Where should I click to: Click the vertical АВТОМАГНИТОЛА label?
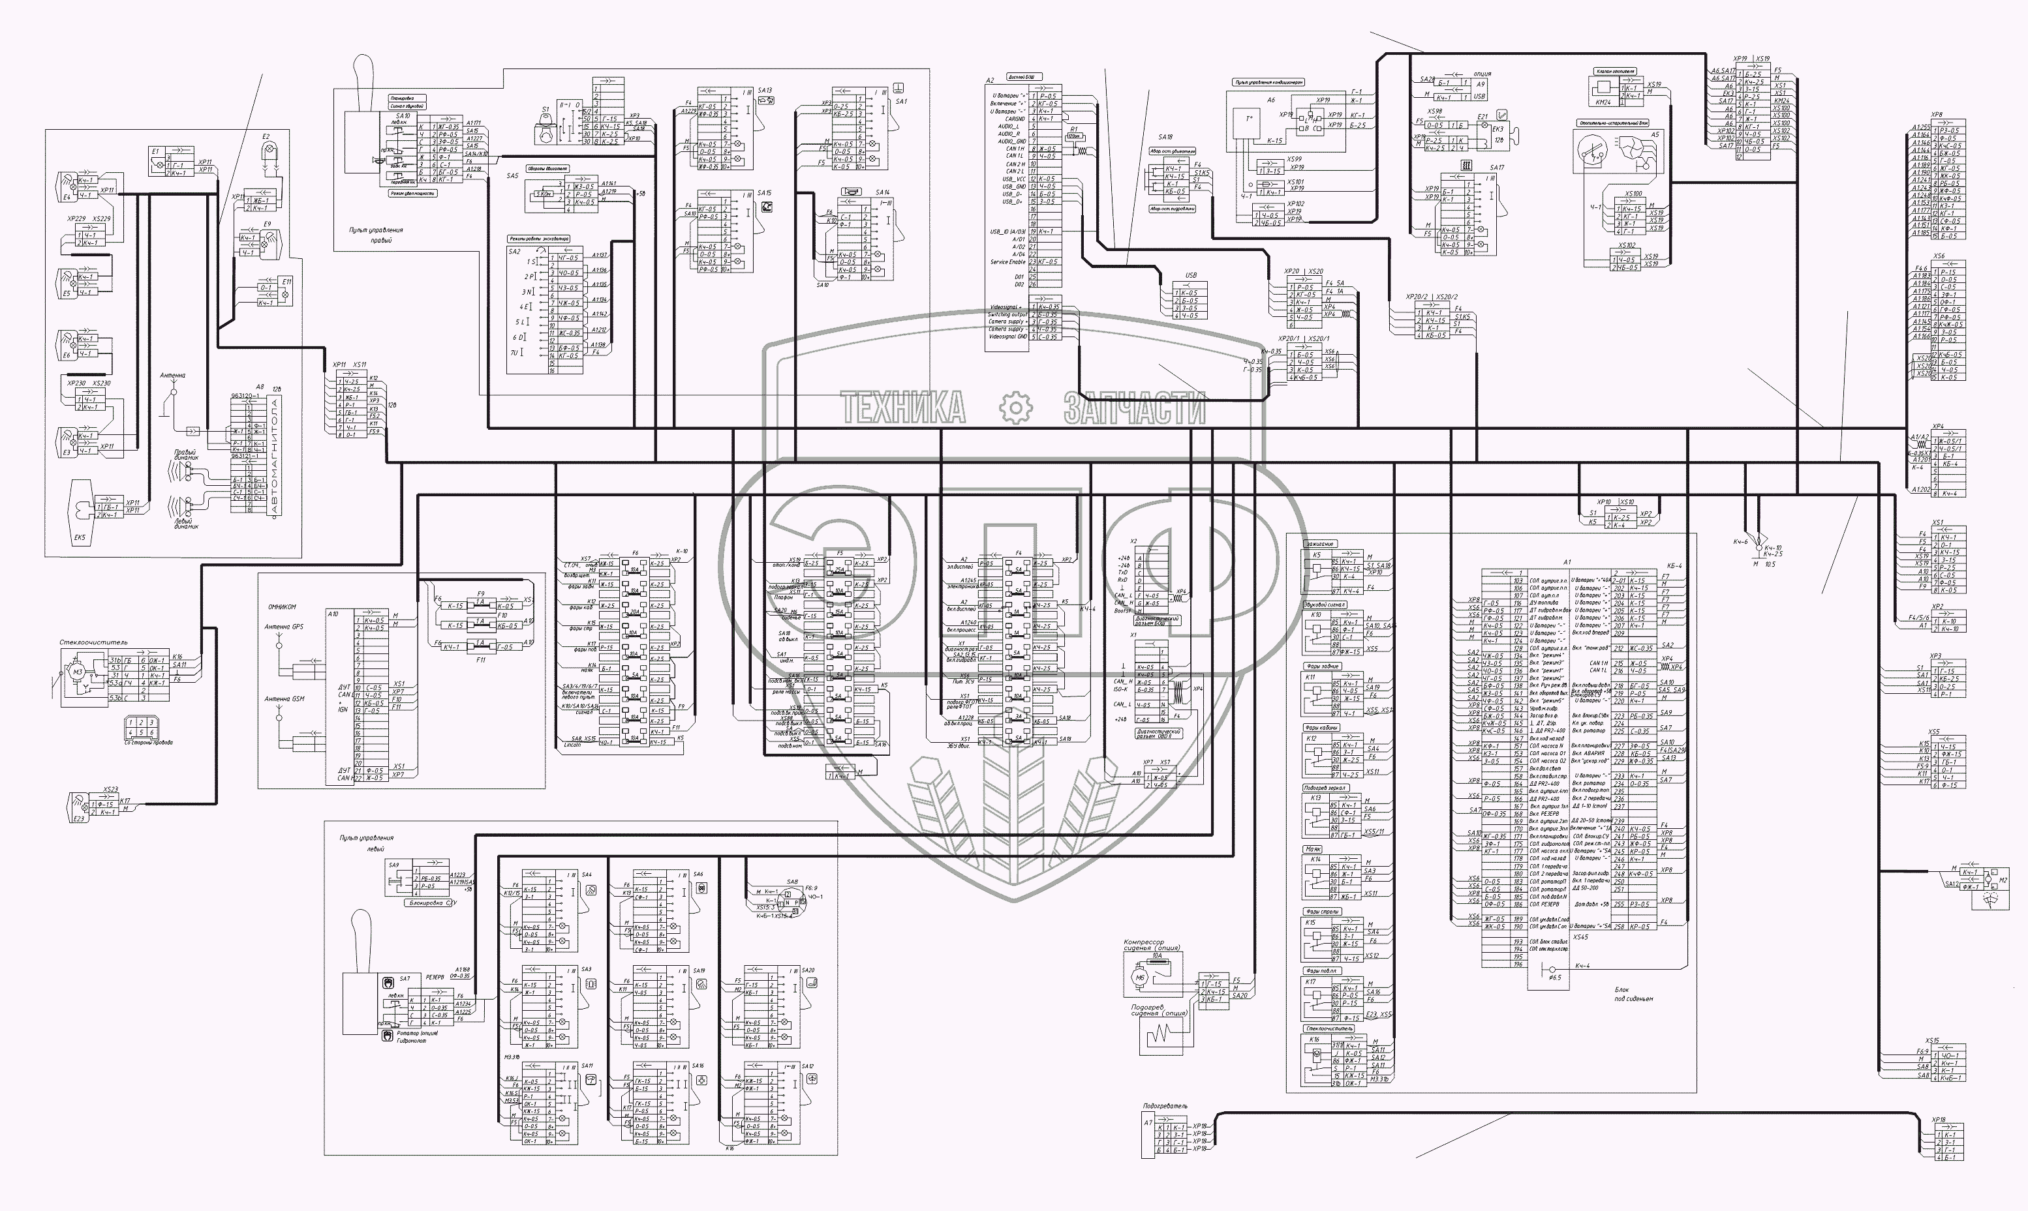click(275, 456)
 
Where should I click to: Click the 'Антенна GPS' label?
click(283, 627)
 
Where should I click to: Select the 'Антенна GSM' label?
click(283, 698)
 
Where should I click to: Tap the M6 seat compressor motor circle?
click(1141, 977)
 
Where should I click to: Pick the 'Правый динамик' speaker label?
click(185, 455)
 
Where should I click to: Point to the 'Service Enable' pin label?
click(1007, 262)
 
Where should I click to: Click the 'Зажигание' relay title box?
click(1319, 543)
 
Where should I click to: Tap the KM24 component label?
click(1603, 102)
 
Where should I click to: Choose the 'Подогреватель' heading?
click(1165, 1107)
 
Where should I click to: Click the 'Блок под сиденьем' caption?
click(1633, 994)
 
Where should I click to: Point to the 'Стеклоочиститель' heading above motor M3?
click(93, 642)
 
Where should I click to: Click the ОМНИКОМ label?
click(282, 606)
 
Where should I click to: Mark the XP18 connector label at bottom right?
click(1937, 1120)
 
